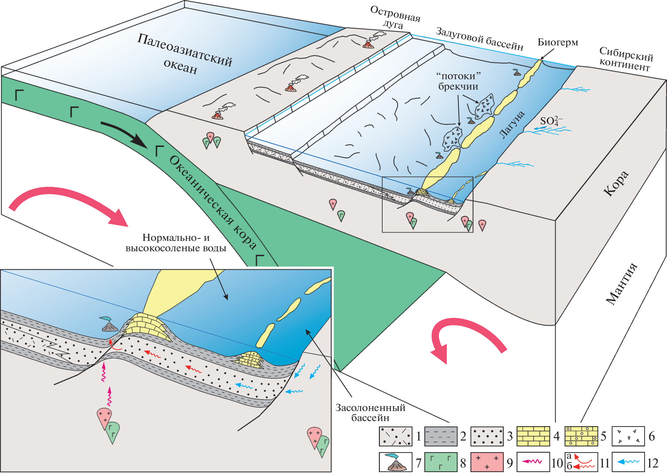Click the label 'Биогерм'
[558, 43]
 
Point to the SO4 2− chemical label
[551, 121]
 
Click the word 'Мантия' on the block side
[621, 284]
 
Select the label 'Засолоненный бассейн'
[370, 412]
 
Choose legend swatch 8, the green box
[441, 462]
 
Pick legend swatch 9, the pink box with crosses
[487, 462]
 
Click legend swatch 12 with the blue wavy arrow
[628, 462]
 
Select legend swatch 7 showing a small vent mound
[396, 462]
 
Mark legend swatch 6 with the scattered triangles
[628, 436]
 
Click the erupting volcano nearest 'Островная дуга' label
[368, 44]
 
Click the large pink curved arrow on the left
[68, 201]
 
